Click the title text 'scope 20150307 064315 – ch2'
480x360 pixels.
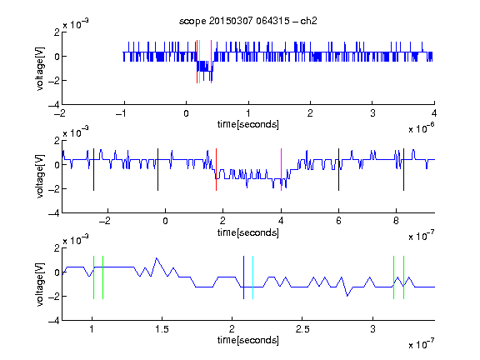248,21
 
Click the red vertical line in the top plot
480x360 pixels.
197,62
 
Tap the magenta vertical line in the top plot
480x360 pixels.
211,62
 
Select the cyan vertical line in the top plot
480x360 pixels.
200,62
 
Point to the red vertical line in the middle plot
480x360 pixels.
216,170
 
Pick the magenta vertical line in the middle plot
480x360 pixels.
282,170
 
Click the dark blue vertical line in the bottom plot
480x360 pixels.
243,277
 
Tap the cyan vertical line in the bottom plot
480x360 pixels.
252,277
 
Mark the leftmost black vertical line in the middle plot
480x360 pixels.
93,170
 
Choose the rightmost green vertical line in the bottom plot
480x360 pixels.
404,277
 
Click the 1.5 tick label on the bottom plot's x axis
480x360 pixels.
162,329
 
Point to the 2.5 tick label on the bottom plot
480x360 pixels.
302,329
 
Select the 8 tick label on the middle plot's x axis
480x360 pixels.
396,221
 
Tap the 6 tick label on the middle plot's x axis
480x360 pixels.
338,221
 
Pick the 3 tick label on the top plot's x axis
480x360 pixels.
372,113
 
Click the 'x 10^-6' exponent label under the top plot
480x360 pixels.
422,128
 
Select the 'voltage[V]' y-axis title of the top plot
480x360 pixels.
40,68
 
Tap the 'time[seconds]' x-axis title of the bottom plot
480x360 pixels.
248,340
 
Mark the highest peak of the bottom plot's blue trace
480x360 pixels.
157,258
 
